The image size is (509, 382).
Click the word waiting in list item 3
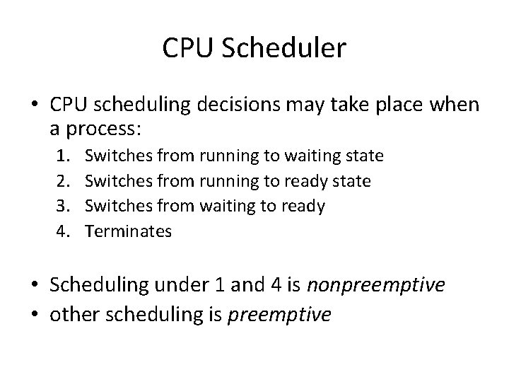[227, 206]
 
